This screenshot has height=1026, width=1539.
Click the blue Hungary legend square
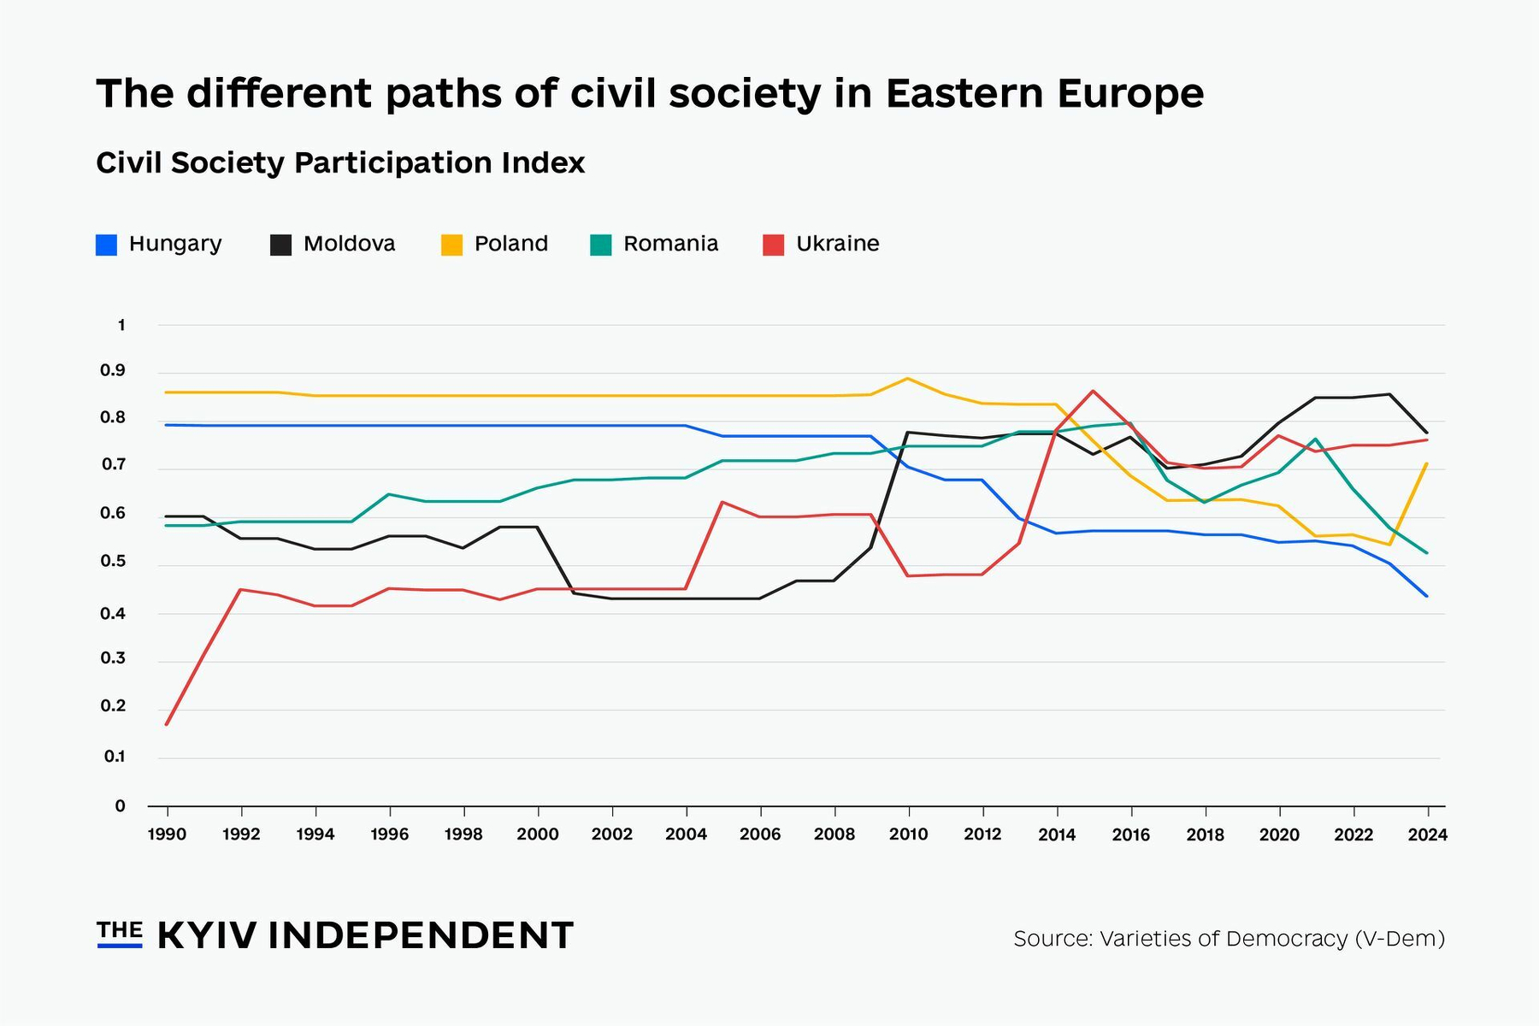pos(106,245)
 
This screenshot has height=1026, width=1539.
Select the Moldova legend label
pos(349,244)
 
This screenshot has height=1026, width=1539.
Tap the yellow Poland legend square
pos(451,245)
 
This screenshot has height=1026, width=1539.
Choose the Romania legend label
pos(670,244)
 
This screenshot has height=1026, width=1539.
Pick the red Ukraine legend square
pos(773,245)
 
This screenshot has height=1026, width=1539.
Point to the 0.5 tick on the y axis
pos(114,562)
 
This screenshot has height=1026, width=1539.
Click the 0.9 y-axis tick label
pos(113,371)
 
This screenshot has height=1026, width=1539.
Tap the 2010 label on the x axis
pos(908,834)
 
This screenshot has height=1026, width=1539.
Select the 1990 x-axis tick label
pos(167,834)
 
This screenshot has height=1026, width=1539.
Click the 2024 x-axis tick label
pos(1427,834)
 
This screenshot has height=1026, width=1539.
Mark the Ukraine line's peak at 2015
pos(1093,391)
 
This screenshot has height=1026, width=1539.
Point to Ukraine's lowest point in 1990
pos(167,724)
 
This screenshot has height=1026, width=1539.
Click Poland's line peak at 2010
pos(908,378)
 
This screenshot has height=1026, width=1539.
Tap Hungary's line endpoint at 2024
pos(1426,596)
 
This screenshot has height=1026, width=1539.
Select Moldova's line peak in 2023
pos(1389,394)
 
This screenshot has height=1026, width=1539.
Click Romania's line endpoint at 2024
pos(1426,553)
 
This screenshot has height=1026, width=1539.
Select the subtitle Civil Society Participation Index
pos(340,162)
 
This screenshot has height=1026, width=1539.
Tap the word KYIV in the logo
pos(207,935)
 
